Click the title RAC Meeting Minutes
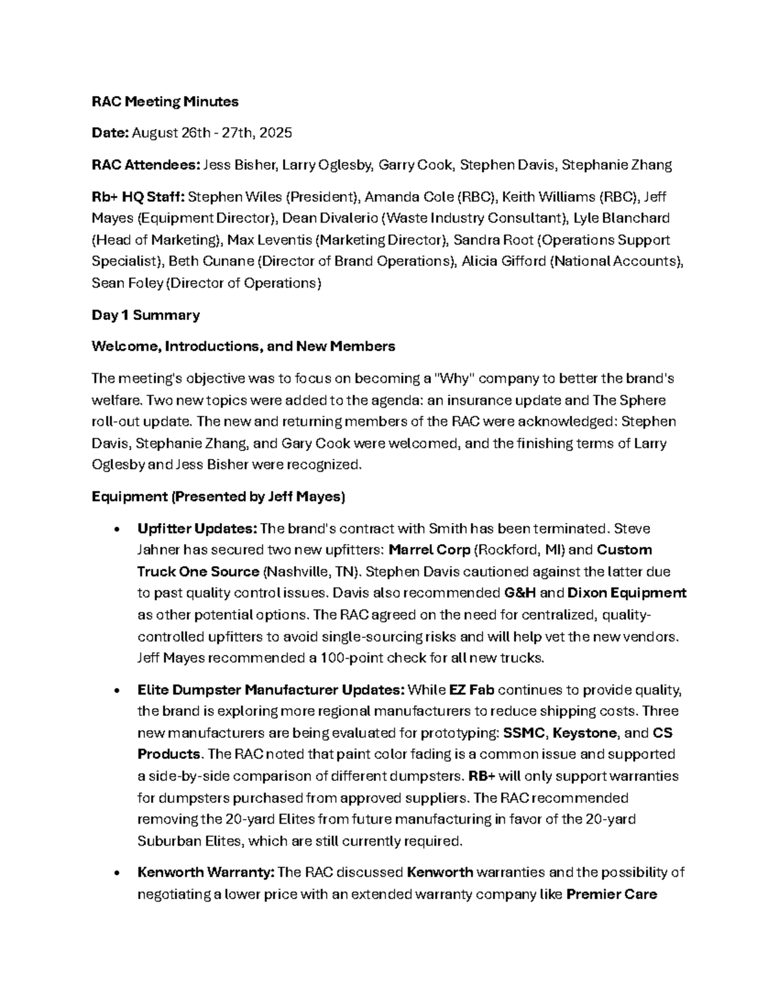click(165, 101)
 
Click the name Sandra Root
click(493, 240)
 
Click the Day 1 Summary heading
click(145, 315)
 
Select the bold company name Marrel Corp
click(429, 550)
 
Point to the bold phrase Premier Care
click(612, 894)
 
